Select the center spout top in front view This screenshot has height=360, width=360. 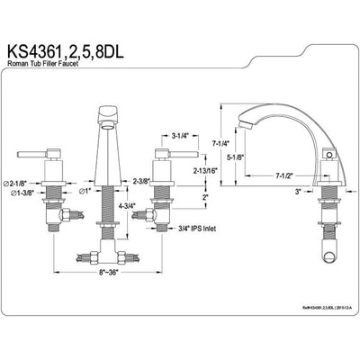(106, 113)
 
